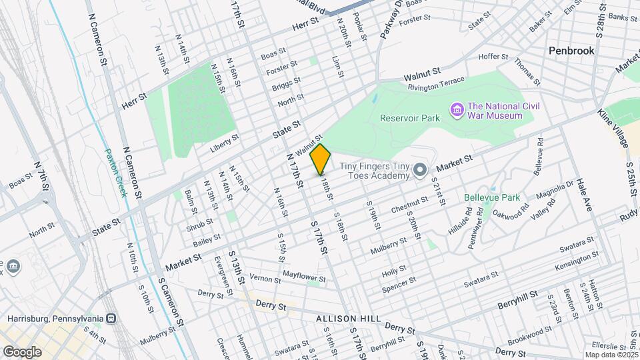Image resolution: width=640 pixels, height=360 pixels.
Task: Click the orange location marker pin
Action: [x=321, y=159]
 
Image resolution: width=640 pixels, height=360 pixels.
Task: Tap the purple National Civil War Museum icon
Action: [x=457, y=109]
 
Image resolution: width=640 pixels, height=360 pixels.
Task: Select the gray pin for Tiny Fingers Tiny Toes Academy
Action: [x=420, y=171]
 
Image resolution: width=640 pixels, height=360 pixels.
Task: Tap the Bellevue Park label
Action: [x=491, y=198]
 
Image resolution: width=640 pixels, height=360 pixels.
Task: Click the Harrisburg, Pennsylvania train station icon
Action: [x=111, y=319]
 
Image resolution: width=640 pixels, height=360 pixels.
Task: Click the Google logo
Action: [x=22, y=351]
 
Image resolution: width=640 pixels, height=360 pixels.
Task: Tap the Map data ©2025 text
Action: [x=611, y=355]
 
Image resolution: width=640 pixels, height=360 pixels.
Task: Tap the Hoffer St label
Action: [x=493, y=57]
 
